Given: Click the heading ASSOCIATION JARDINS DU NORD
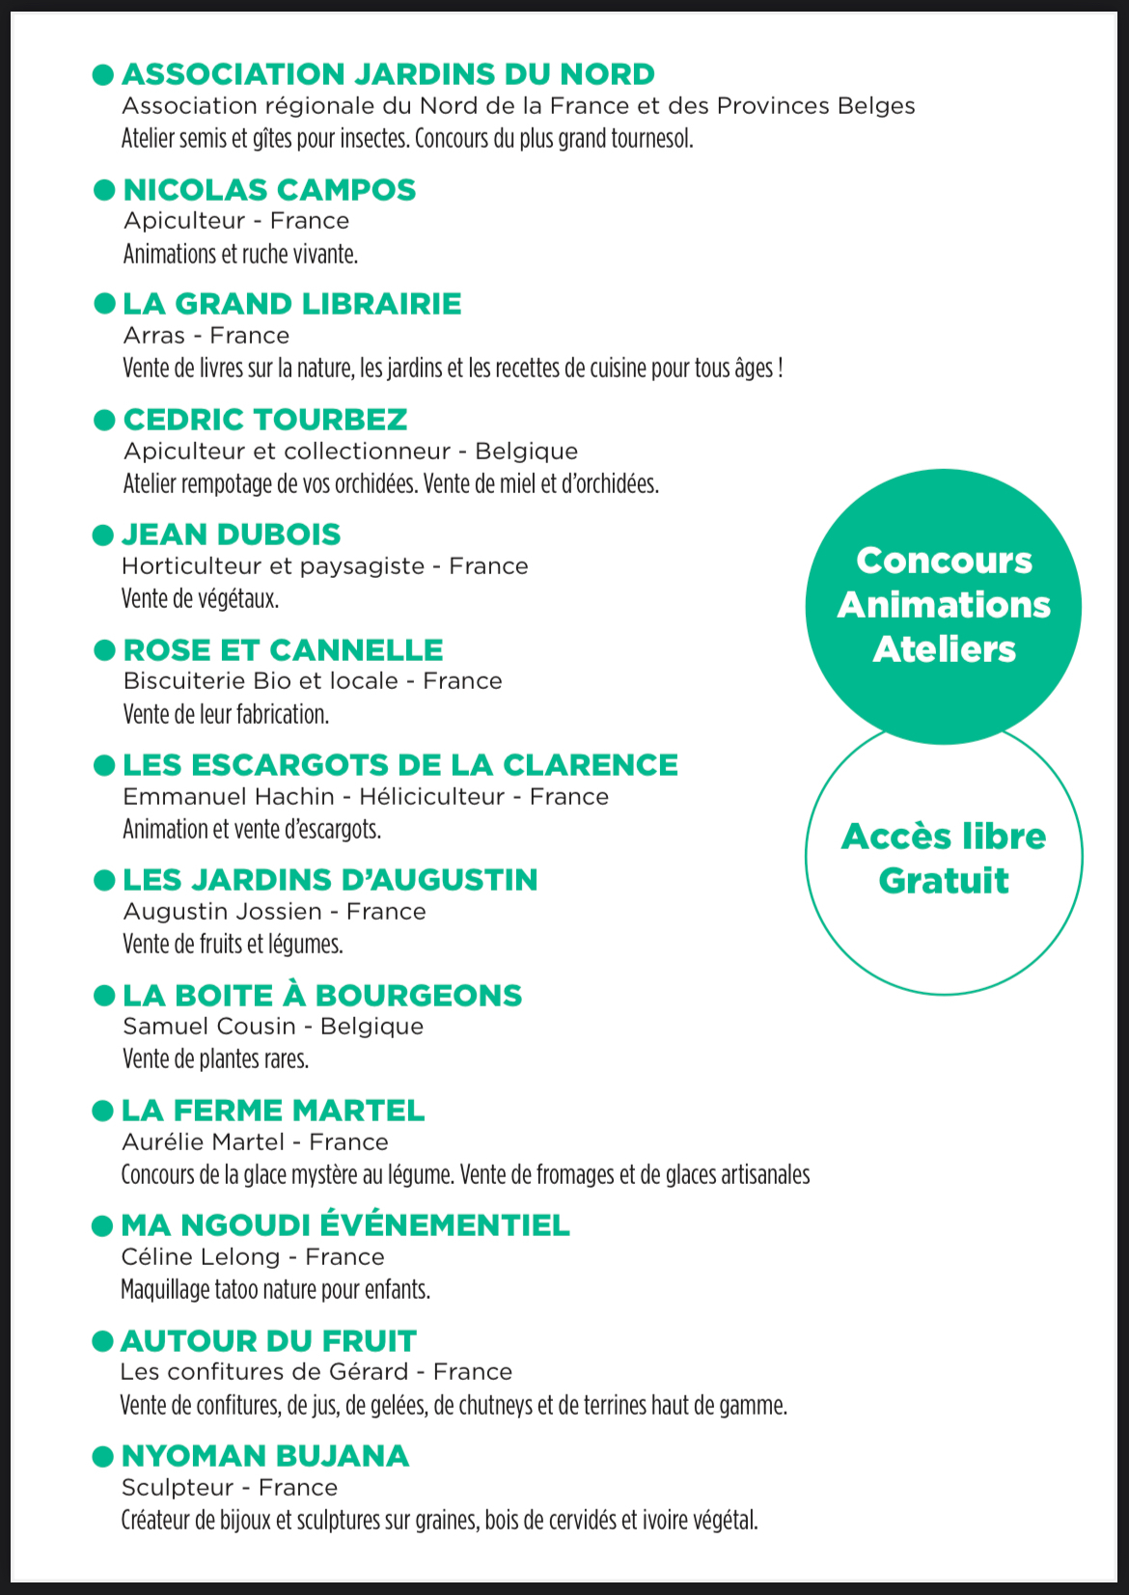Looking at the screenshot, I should click(388, 74).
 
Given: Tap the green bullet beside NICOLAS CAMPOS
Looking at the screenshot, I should click(104, 190).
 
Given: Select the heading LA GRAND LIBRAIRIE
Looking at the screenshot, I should click(291, 304).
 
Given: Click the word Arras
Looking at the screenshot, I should click(154, 336).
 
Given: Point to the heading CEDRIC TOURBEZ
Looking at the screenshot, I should click(265, 420).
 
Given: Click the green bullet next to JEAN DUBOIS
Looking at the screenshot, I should click(103, 535).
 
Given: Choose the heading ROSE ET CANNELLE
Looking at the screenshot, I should click(283, 650).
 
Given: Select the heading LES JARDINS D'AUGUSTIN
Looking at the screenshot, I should click(330, 880).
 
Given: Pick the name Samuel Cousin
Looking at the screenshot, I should click(209, 1027).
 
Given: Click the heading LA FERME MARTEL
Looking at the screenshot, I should click(273, 1111).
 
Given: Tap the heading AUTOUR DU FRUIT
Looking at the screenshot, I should click(268, 1341).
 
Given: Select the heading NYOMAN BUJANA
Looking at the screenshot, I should click(265, 1456).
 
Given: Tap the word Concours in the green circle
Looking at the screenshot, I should click(944, 561).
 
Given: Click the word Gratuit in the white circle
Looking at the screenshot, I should click(944, 881).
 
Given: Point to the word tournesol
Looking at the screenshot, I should click(648, 139).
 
